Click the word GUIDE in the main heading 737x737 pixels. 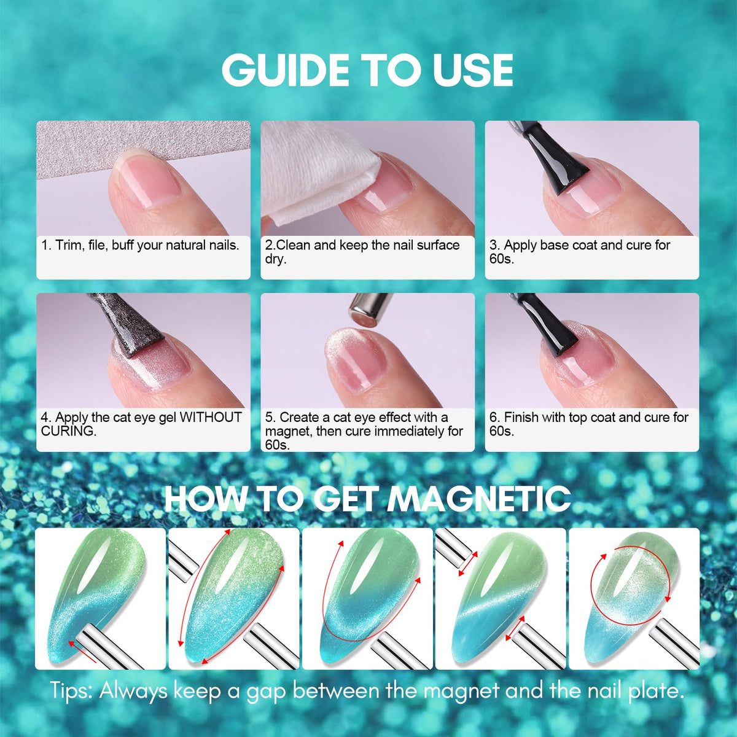tap(285, 71)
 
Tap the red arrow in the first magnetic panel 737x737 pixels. tap(82, 649)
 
